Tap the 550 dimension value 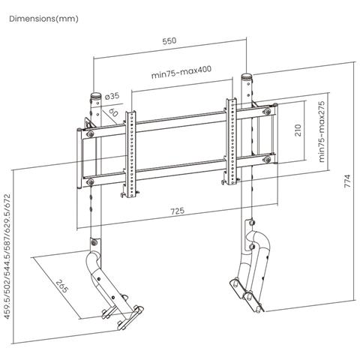tap(169, 42)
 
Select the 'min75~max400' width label tap(180, 75)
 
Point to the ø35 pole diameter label tap(113, 97)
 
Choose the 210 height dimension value tap(297, 133)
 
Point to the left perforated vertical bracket tap(131, 154)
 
